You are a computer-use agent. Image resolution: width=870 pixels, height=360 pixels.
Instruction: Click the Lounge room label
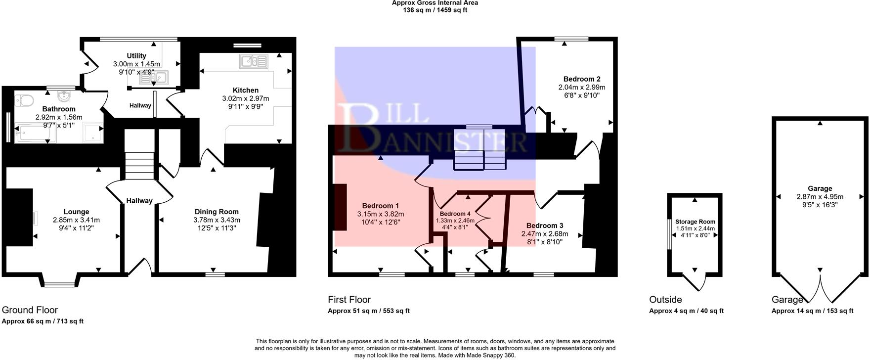76,212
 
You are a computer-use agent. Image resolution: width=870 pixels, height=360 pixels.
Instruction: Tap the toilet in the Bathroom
24,100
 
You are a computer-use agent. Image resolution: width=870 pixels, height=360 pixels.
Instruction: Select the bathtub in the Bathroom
35,134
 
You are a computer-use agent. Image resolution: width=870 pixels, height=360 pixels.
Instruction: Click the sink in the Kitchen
254,61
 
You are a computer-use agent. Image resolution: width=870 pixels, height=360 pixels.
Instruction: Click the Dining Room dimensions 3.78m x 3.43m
217,220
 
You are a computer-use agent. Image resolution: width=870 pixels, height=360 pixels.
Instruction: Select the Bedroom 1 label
380,206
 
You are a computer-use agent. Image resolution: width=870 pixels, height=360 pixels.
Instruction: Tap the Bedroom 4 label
455,214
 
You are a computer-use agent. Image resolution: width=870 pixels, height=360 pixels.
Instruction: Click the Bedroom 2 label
582,79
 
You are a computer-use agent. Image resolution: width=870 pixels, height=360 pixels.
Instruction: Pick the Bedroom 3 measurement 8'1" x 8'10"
545,242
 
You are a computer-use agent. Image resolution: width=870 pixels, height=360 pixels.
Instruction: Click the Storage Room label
695,222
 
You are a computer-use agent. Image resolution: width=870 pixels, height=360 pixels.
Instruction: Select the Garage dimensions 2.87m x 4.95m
820,196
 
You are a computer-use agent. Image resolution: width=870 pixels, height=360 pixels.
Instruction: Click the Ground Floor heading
30,310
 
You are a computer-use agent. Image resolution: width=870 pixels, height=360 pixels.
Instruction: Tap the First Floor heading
349,299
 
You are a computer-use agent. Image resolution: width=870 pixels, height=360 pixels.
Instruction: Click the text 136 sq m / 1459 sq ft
435,10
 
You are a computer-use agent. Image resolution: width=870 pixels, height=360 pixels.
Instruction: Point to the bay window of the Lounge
59,284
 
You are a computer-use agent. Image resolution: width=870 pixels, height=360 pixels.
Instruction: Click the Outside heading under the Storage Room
665,299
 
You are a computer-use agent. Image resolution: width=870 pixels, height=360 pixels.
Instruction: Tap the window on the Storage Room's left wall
668,235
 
